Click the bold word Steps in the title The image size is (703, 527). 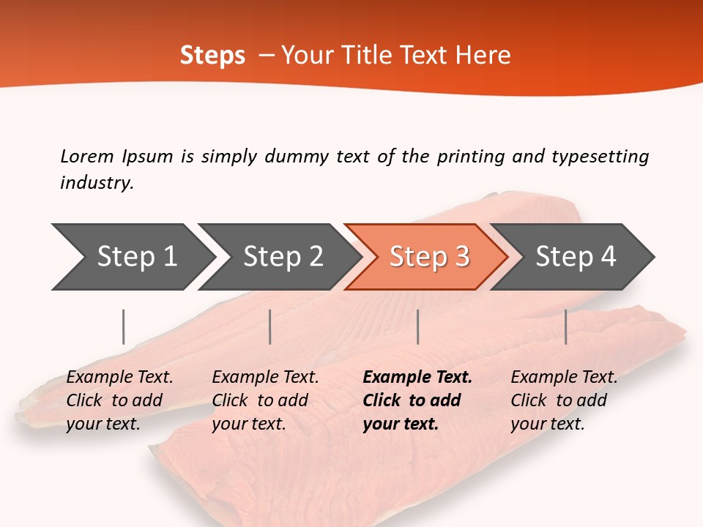tap(212, 56)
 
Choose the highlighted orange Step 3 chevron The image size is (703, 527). tap(429, 257)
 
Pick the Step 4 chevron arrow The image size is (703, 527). tap(576, 257)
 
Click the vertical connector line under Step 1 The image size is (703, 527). tap(124, 326)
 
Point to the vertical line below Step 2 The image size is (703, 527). tap(270, 326)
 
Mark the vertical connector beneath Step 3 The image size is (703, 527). tap(417, 326)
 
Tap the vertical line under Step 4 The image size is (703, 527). tap(565, 326)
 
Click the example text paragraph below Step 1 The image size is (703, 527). tap(119, 400)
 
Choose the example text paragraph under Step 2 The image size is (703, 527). tap(265, 400)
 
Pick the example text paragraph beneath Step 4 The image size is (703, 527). tap(564, 400)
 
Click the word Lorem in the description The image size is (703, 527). tap(87, 156)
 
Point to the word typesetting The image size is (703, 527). tap(600, 156)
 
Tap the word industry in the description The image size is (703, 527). tap(96, 183)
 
